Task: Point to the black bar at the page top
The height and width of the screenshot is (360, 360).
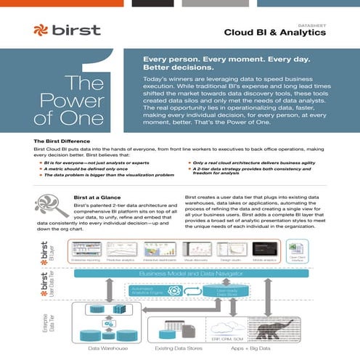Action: click(152, 2)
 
